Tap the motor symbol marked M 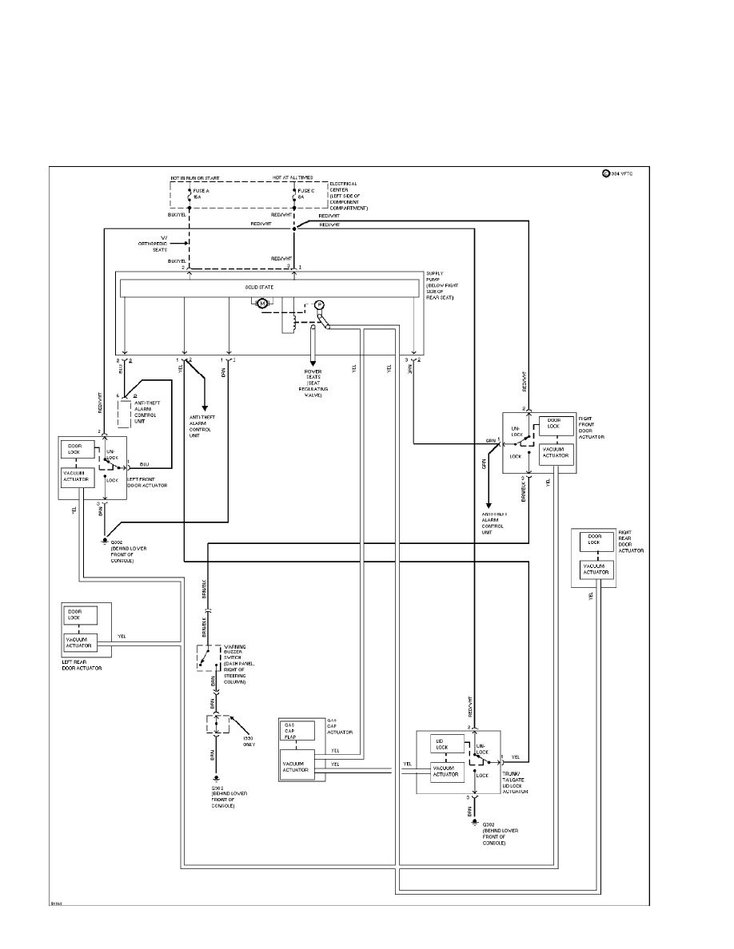(261, 303)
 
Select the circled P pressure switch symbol (317, 304)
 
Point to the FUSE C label (305, 192)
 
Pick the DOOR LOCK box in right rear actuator (594, 540)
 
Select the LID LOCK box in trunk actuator (445, 744)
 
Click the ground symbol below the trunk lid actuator (475, 822)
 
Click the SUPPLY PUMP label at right (442, 284)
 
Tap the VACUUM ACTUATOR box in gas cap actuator (297, 766)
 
